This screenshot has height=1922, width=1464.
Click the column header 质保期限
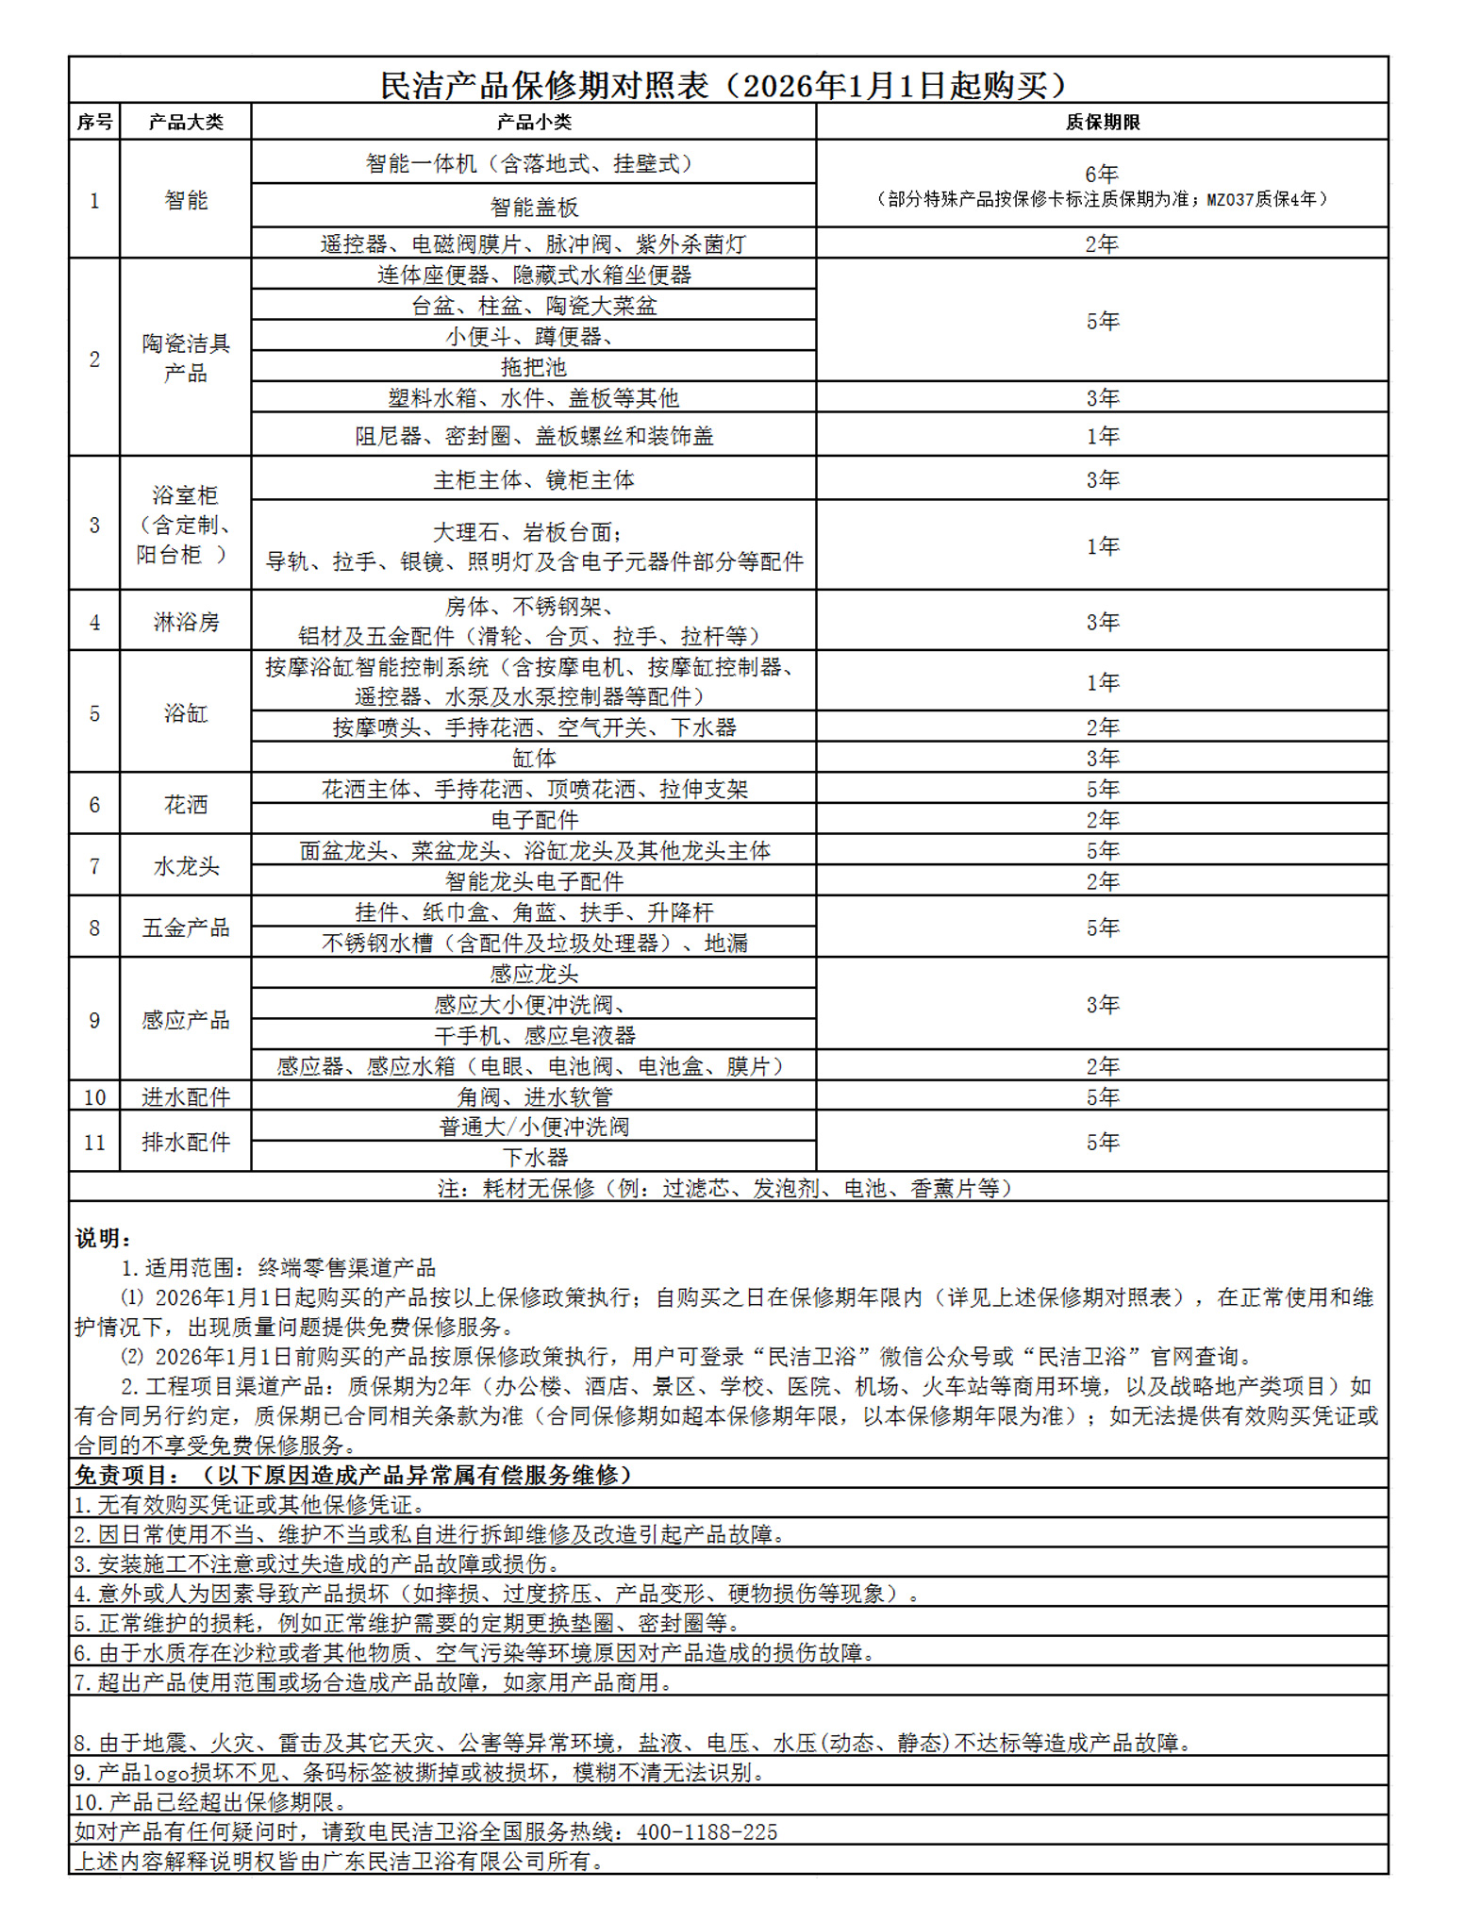tap(1102, 122)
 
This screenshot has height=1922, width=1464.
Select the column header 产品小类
tap(534, 122)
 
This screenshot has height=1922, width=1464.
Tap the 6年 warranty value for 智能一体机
tap(1101, 175)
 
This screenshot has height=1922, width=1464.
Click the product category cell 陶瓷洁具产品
tap(186, 358)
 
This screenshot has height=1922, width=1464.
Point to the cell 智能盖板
tap(534, 207)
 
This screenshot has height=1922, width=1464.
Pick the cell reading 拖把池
tap(534, 367)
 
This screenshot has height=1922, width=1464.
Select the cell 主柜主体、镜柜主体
tap(534, 480)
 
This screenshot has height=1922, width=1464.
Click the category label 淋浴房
tap(186, 622)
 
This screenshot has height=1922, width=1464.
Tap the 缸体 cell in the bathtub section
tap(534, 759)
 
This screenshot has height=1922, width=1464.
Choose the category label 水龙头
tap(186, 866)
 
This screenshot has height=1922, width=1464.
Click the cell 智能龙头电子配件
tap(534, 882)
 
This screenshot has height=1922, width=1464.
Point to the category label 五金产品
tap(186, 928)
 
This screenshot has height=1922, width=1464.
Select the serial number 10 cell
tap(94, 1097)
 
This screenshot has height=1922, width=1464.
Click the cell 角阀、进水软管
tap(534, 1097)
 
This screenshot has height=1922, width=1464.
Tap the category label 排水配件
tap(186, 1142)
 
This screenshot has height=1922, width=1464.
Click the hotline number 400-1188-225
tap(707, 1832)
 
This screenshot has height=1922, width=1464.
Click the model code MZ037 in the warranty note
tap(1233, 199)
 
